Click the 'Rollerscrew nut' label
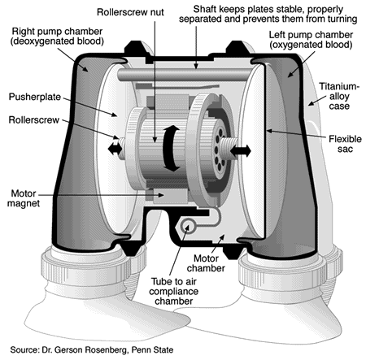click(x=130, y=12)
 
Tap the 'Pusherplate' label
click(x=35, y=97)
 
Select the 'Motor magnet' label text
click(x=24, y=198)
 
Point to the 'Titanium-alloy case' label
click(x=339, y=96)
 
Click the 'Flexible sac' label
click(x=345, y=144)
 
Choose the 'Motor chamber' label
click(x=206, y=263)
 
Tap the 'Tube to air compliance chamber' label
click(x=173, y=291)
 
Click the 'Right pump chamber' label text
click(x=57, y=36)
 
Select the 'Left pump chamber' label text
click(x=311, y=40)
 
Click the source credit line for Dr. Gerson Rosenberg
click(x=92, y=349)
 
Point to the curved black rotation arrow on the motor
click(x=172, y=148)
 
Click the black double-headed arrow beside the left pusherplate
click(x=115, y=149)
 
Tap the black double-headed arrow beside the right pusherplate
click(x=241, y=150)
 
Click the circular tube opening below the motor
click(x=188, y=226)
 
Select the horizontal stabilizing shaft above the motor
click(x=185, y=75)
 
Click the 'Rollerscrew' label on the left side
click(x=34, y=119)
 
